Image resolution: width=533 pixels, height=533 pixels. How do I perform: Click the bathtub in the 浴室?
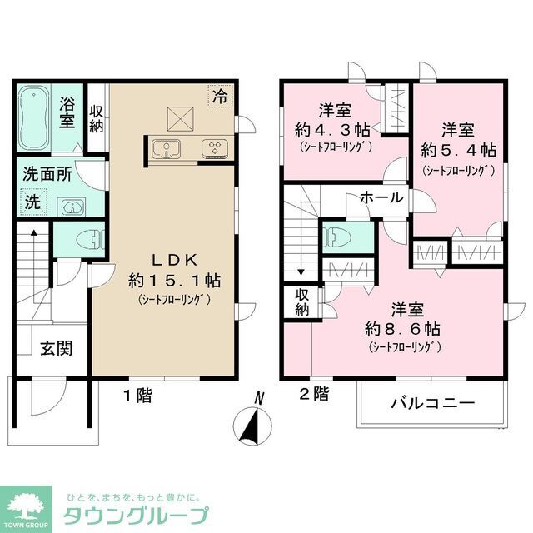[33, 117]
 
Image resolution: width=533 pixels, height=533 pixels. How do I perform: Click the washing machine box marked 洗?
[32, 202]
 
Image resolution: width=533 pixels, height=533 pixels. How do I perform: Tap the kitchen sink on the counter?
[167, 148]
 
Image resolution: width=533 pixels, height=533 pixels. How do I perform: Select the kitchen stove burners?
[217, 148]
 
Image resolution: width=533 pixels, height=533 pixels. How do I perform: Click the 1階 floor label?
[138, 396]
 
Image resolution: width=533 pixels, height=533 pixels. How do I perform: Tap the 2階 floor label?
[315, 394]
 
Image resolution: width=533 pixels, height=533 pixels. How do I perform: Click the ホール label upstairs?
[381, 197]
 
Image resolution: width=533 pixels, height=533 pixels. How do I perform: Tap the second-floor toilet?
[339, 236]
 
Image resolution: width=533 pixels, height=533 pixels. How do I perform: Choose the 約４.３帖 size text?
[332, 130]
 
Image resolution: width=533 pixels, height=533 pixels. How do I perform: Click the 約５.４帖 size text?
[459, 151]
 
